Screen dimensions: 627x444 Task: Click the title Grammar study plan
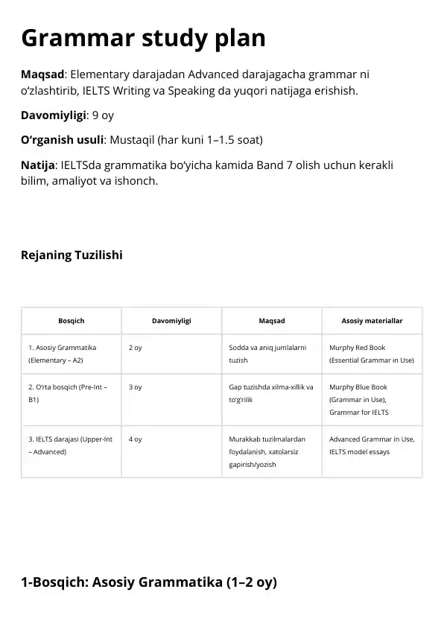[x=143, y=38]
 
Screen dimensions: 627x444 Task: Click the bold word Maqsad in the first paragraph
[x=43, y=74]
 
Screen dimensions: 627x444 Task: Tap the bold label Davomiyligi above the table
[x=53, y=115]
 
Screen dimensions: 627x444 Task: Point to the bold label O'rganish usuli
[x=62, y=140]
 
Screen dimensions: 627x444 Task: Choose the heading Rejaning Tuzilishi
[x=72, y=255]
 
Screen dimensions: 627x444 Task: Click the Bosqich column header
[x=71, y=321]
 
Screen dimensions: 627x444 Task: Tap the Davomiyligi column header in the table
[x=171, y=321]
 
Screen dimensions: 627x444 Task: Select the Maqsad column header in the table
[x=271, y=321]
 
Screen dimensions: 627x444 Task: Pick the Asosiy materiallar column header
[x=372, y=321]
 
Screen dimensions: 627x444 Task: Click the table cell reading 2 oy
[x=136, y=348]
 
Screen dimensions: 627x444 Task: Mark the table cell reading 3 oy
[x=136, y=387]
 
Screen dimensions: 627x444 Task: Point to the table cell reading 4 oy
[x=136, y=439]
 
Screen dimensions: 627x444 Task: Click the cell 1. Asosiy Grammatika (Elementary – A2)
[x=63, y=354]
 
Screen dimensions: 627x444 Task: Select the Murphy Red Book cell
[x=371, y=354]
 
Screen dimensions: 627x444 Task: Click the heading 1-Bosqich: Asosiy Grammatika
[x=149, y=582]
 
